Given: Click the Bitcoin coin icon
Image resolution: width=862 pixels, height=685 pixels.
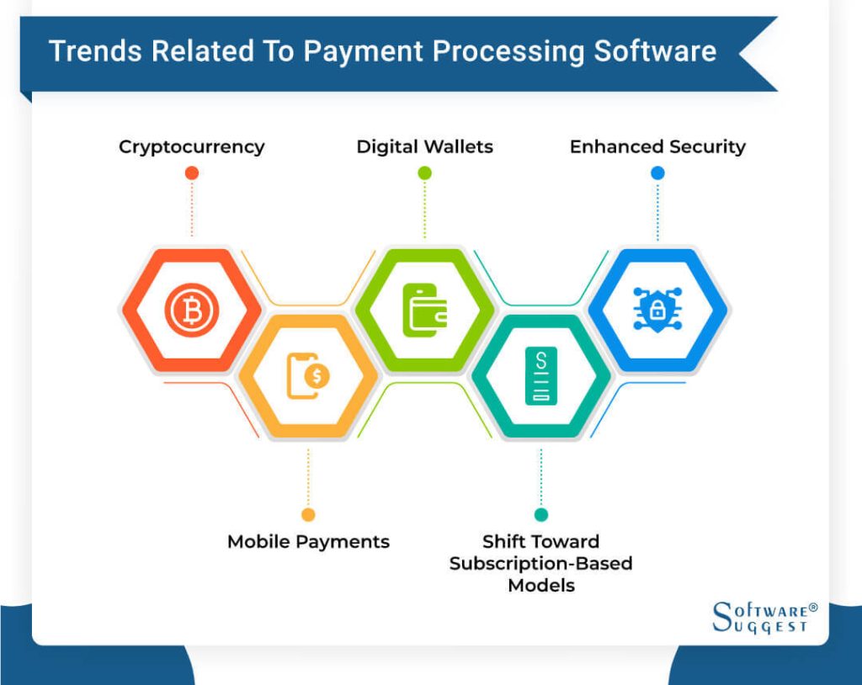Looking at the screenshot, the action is tap(192, 310).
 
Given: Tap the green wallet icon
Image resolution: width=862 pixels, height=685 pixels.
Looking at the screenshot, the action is tap(424, 310).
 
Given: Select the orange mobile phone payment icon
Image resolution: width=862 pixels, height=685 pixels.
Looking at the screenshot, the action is tap(308, 376).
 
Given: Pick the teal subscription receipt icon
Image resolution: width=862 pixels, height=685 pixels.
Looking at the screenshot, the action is tap(541, 376).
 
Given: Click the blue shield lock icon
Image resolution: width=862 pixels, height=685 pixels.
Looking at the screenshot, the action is tap(657, 310).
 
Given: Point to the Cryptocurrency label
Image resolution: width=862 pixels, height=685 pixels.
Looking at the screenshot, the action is tap(191, 147).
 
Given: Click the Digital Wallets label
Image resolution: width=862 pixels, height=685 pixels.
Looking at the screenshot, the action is tap(424, 146).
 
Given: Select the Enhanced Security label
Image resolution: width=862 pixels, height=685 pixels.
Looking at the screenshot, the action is tap(657, 146).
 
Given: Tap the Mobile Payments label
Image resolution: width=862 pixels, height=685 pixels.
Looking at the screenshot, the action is tap(308, 542).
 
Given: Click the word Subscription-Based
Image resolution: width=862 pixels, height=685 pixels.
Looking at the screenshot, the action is tap(541, 564).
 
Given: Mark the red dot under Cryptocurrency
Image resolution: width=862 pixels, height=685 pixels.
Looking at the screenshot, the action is tap(192, 173).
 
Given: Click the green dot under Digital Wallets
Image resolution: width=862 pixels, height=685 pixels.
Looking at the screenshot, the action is tap(424, 173).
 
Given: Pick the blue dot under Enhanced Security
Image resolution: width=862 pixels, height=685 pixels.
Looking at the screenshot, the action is tap(657, 173).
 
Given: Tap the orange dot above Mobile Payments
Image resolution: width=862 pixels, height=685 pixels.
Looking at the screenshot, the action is tap(308, 514).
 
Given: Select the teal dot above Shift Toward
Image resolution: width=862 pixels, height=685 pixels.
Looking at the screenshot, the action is tap(541, 514).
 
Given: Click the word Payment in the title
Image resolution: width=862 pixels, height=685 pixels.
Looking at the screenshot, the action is tap(364, 52).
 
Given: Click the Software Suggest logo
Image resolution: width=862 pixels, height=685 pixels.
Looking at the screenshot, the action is tap(764, 618).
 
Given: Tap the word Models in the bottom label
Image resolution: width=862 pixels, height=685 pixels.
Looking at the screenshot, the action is tap(541, 586).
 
